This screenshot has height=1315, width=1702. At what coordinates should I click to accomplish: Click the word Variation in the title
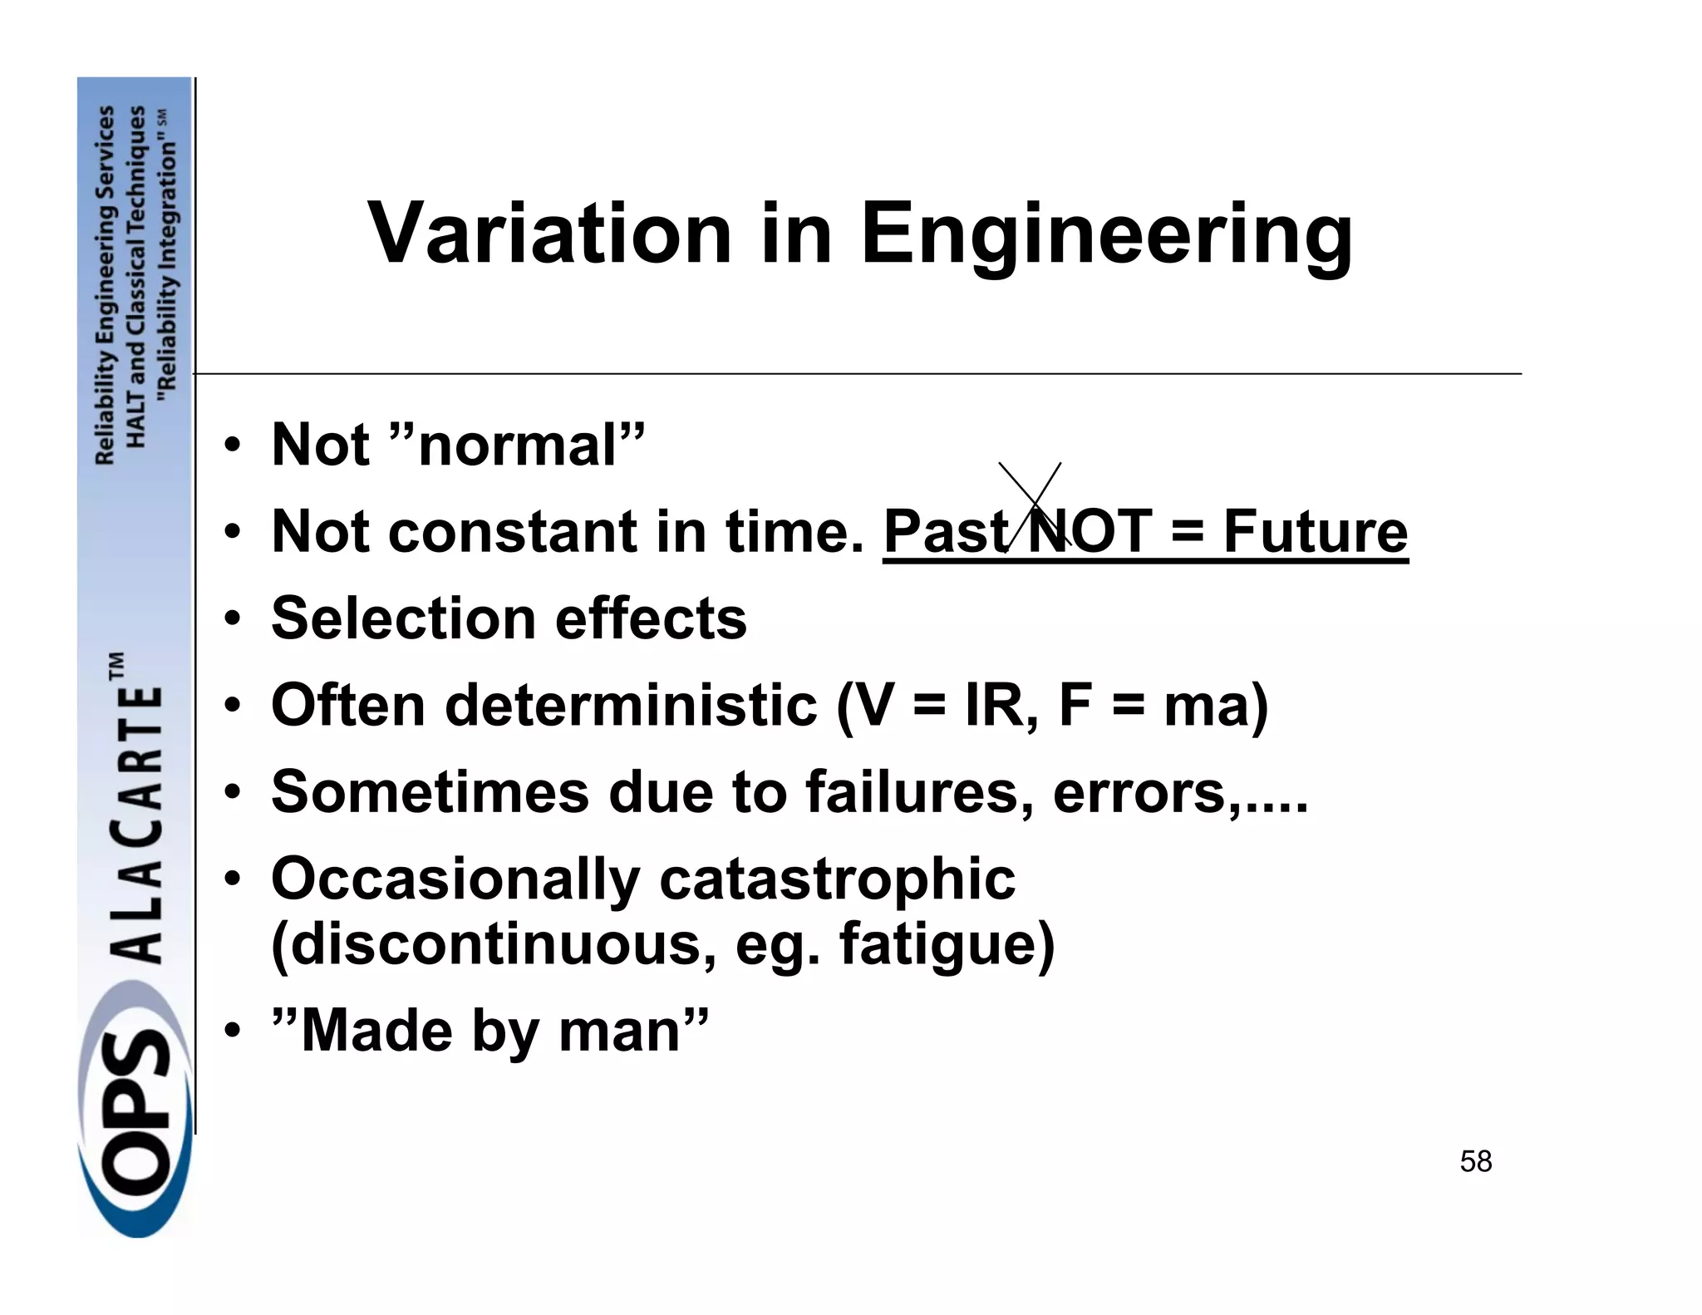pyautogui.click(x=548, y=234)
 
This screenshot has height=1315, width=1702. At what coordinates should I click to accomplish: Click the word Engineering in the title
pyautogui.click(x=1106, y=236)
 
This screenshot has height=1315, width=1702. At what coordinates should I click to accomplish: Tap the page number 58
pyautogui.click(x=1475, y=1161)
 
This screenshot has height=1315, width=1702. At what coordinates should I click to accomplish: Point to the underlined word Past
pyautogui.click(x=946, y=532)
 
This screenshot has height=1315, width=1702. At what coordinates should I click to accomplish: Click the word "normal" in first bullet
pyautogui.click(x=518, y=445)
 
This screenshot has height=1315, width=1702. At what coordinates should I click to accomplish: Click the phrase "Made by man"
pyautogui.click(x=490, y=1032)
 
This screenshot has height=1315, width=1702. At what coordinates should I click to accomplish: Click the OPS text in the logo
pyautogui.click(x=137, y=1114)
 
